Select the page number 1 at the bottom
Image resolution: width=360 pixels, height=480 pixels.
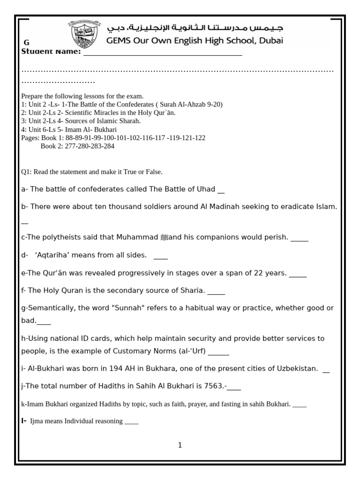180,445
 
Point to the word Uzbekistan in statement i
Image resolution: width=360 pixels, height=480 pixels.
293,368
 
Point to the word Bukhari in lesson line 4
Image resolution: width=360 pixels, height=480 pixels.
105,129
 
